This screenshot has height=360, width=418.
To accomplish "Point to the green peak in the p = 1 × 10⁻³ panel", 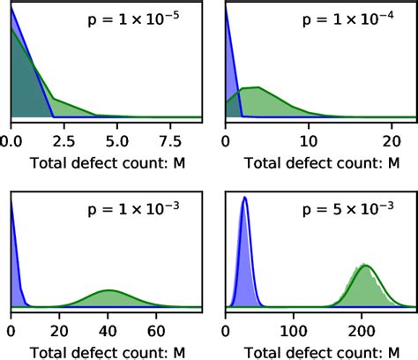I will pos(108,291).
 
